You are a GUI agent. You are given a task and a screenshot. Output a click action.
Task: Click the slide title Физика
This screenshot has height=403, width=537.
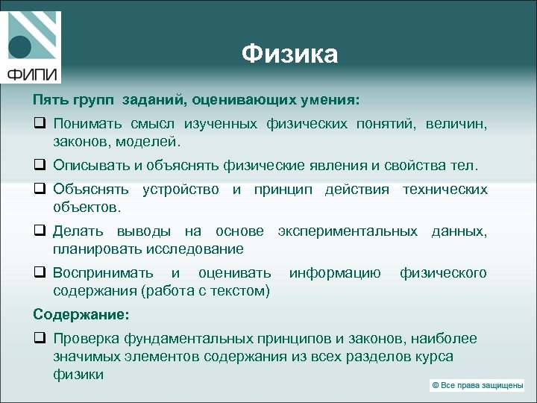(x=290, y=54)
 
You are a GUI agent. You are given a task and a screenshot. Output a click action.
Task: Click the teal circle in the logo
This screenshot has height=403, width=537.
(x=20, y=47)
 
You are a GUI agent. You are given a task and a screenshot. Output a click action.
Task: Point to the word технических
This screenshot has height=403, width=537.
(x=445, y=190)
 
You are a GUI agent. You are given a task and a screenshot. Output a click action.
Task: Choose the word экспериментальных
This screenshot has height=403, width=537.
(x=348, y=231)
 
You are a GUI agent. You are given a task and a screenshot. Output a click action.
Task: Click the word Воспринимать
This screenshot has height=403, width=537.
(x=104, y=273)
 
